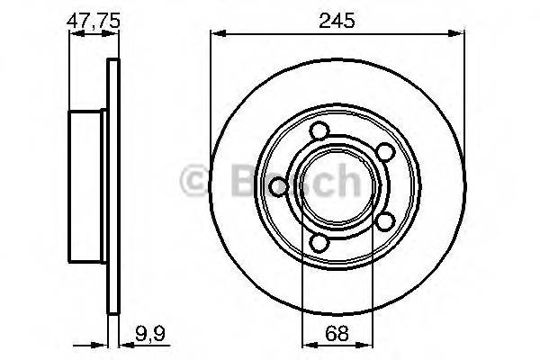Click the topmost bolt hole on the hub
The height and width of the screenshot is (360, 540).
(x=318, y=132)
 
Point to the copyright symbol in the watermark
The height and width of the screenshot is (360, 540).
(x=193, y=182)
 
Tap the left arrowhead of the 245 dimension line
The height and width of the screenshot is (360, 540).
(x=215, y=34)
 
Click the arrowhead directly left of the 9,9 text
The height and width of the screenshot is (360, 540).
(x=122, y=343)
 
